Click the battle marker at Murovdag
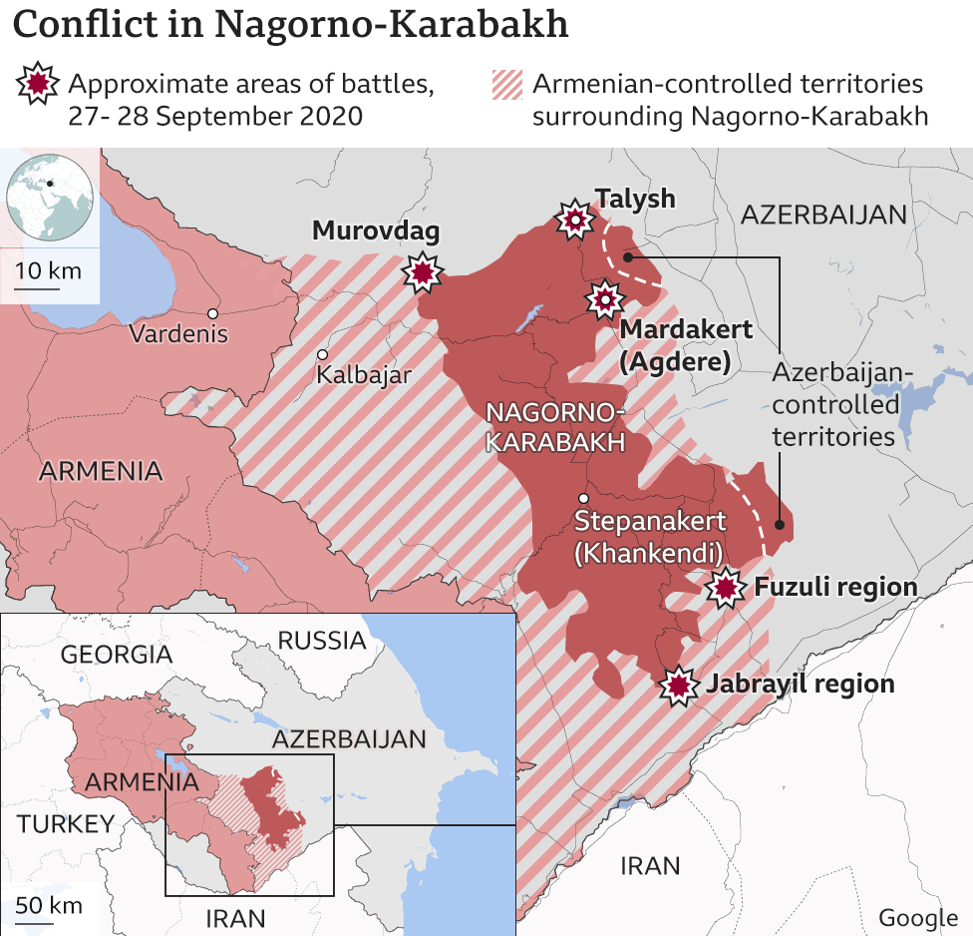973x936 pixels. [424, 271]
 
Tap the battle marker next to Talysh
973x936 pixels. [575, 221]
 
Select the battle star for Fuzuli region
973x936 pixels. [725, 589]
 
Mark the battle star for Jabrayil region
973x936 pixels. [680, 686]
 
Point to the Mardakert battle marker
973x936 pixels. [604, 298]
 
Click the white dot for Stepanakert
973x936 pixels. [583, 498]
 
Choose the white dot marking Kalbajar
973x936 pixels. [322, 354]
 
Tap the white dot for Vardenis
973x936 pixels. [212, 313]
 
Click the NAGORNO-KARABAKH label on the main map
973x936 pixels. [554, 427]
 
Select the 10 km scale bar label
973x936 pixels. [48, 271]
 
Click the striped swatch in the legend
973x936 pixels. [506, 87]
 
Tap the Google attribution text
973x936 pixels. [917, 918]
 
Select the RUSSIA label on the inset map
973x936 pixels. [321, 640]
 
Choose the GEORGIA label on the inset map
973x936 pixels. [117, 655]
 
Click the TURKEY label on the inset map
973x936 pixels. [66, 823]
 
